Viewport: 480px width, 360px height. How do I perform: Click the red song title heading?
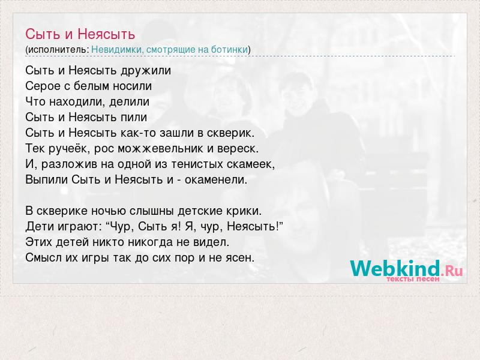click(80, 34)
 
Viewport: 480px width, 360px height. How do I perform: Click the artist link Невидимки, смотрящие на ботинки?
click(170, 50)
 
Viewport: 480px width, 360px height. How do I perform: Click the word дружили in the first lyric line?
click(146, 71)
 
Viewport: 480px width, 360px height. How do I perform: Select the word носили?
click(132, 86)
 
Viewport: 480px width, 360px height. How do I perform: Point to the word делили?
click(130, 102)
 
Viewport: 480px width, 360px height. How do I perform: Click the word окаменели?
click(216, 179)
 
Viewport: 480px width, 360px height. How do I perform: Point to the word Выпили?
click(47, 179)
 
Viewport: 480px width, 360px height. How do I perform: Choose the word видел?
click(211, 242)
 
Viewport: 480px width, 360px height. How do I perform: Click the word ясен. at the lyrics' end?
click(241, 258)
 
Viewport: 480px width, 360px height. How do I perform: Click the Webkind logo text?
click(395, 268)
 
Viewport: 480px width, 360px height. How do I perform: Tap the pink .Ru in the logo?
click(452, 271)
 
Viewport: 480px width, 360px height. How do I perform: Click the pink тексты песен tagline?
click(413, 279)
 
